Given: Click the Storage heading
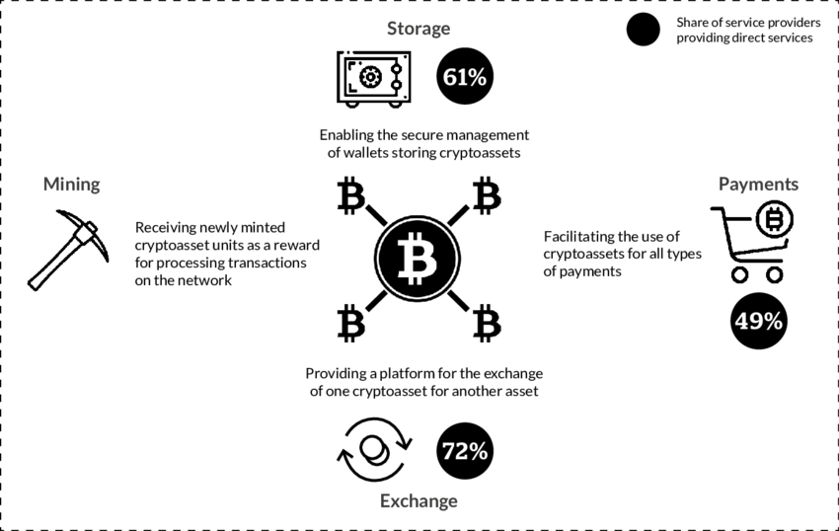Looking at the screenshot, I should click(x=419, y=29).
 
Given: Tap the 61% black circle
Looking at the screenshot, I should click(x=465, y=77).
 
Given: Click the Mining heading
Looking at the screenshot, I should click(x=71, y=185).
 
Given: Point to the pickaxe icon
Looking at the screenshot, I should click(x=63, y=249).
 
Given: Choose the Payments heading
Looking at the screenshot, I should click(x=758, y=185).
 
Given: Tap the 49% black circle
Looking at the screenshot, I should click(x=758, y=321).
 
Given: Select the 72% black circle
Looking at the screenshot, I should click(x=465, y=451).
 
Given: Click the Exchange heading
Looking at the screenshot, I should click(x=419, y=500).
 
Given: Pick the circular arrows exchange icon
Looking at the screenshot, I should click(x=372, y=451).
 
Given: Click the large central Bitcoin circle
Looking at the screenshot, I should click(x=418, y=259).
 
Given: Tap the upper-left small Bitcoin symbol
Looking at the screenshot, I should click(x=350, y=195).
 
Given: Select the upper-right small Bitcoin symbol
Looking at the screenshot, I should click(x=486, y=195).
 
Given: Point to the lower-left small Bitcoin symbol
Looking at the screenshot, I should click(x=350, y=323).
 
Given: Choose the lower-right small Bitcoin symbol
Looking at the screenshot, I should click(x=486, y=323).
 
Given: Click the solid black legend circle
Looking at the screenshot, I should click(x=643, y=30).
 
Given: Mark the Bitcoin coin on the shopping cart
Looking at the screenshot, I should click(x=775, y=218).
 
